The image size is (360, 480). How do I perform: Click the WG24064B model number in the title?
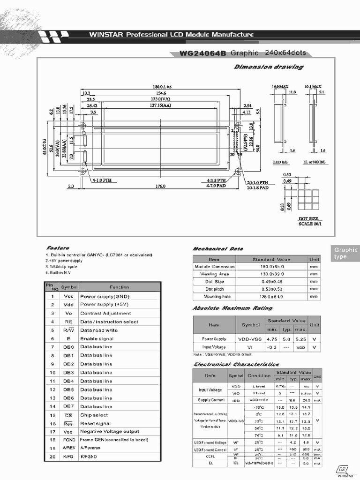(202, 53)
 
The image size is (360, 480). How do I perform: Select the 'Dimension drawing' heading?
(268, 67)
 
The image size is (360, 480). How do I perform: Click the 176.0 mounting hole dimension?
(160, 186)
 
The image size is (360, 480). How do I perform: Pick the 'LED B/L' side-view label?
(280, 162)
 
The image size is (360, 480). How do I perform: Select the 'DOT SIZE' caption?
(308, 219)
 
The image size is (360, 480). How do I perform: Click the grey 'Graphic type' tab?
(346, 253)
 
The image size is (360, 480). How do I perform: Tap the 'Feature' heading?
(58, 248)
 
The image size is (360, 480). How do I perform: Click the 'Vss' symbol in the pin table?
(68, 296)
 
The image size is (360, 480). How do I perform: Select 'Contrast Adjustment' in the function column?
(105, 313)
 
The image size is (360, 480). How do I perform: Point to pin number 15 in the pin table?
(52, 415)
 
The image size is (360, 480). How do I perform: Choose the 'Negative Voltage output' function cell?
(110, 431)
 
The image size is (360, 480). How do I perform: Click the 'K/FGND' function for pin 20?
(89, 457)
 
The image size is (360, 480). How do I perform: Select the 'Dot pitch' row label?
(214, 289)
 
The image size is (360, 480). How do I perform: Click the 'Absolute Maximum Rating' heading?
(232, 308)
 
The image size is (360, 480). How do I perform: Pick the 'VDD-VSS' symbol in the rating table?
(250, 338)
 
